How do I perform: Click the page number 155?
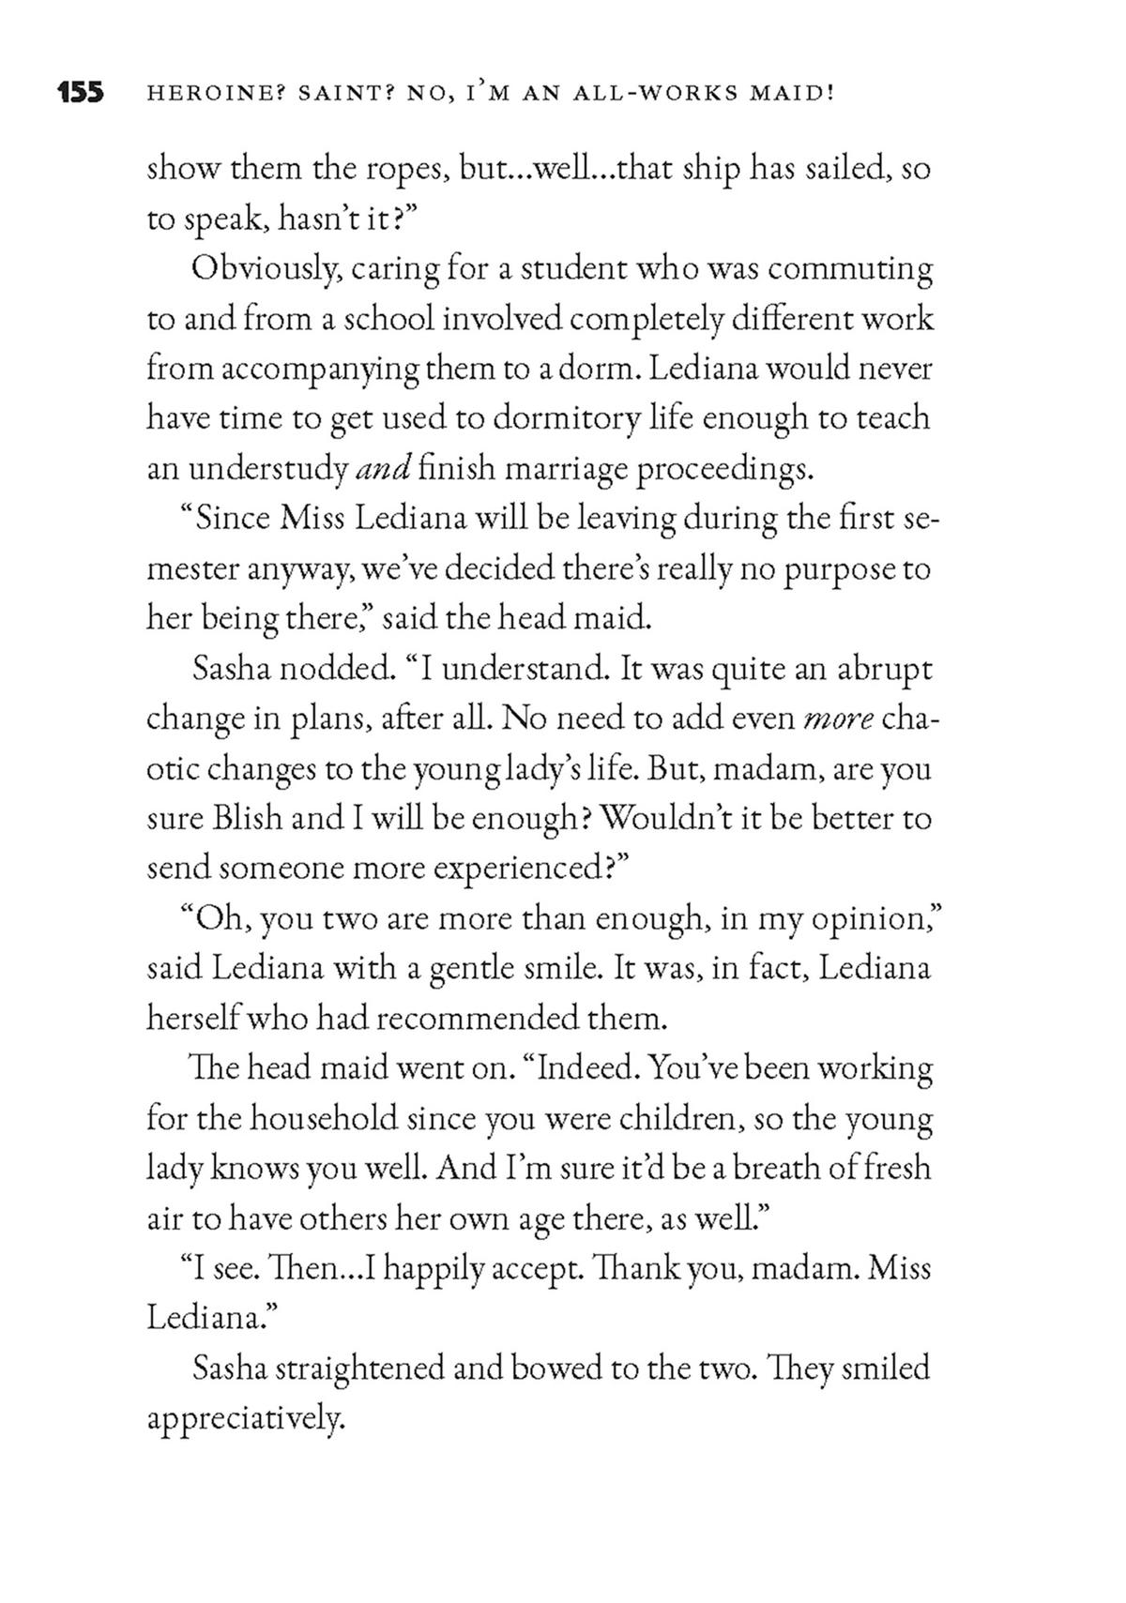coord(80,93)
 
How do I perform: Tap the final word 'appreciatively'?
coord(247,1418)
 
